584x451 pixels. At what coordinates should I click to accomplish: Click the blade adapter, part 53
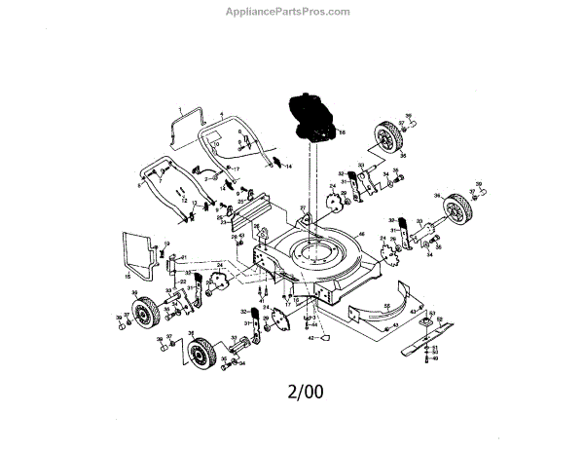[x=425, y=322]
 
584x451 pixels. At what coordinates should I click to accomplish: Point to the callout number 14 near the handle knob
[x=288, y=167]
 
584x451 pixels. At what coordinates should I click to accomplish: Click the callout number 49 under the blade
[x=435, y=358]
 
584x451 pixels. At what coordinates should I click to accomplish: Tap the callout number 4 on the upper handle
[x=222, y=114]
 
